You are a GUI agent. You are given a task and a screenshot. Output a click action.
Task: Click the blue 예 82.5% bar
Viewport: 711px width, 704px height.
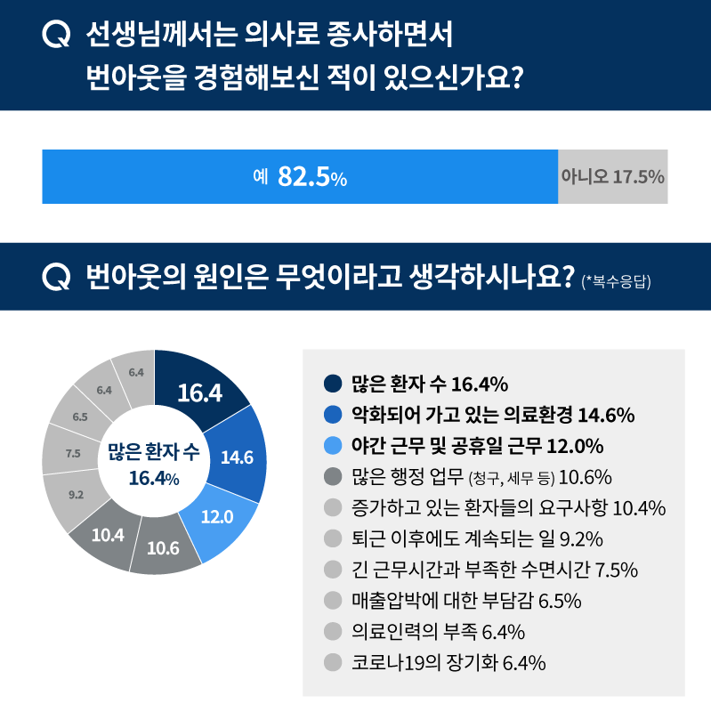tap(300, 176)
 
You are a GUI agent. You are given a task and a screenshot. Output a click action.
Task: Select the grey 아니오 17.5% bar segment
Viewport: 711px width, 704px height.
tap(612, 176)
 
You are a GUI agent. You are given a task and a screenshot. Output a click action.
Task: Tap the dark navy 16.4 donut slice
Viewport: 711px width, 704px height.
tap(199, 392)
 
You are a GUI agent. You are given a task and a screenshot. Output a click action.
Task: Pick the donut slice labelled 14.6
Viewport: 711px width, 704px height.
tap(237, 457)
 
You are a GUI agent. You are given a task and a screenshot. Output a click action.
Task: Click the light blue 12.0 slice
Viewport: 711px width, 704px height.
tap(216, 516)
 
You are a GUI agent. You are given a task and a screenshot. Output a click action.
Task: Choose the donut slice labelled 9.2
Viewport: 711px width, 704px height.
tap(76, 492)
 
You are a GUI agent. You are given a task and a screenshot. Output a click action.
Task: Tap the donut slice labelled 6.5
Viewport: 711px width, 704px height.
tap(79, 417)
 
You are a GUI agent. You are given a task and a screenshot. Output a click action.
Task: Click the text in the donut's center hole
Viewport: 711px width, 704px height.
tap(154, 464)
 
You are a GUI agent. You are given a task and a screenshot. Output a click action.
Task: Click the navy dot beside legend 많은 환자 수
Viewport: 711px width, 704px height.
tap(334, 384)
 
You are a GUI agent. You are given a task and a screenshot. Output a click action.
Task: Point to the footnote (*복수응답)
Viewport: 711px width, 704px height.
tap(616, 282)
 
